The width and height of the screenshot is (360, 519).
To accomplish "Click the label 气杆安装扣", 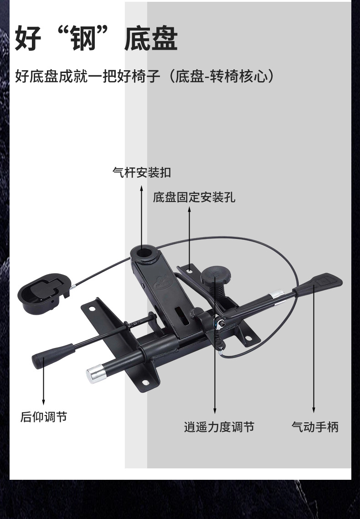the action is click(x=142, y=173).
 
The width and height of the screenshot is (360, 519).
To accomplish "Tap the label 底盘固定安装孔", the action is click(x=194, y=197).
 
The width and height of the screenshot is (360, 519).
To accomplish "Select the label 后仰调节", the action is click(x=43, y=417).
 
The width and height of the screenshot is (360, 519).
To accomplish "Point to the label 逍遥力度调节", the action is click(x=219, y=427).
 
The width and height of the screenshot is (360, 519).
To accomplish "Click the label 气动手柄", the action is click(x=315, y=427).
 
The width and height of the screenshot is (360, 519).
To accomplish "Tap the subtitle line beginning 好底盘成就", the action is click(x=144, y=76).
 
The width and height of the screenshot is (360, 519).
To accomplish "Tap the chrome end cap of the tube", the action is click(x=95, y=374).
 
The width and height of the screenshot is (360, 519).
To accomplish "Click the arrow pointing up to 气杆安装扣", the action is click(x=141, y=214).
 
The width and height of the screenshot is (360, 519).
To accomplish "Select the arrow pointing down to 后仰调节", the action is click(x=43, y=381).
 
